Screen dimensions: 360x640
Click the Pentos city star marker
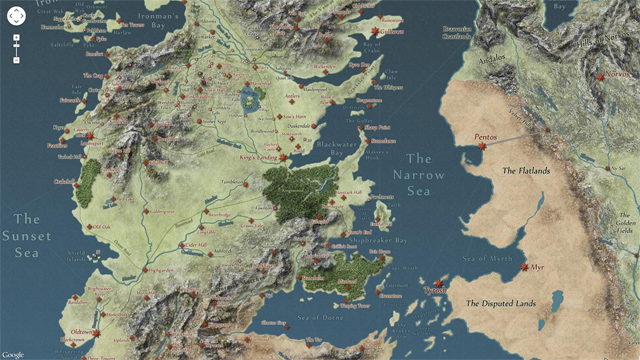coord(482,146)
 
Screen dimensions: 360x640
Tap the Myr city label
coord(538,268)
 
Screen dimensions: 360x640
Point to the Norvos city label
coord(617,79)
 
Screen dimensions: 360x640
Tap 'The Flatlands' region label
coord(526,171)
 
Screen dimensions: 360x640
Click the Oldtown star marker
coord(97,333)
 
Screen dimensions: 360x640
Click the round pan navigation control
coord(16,15)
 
